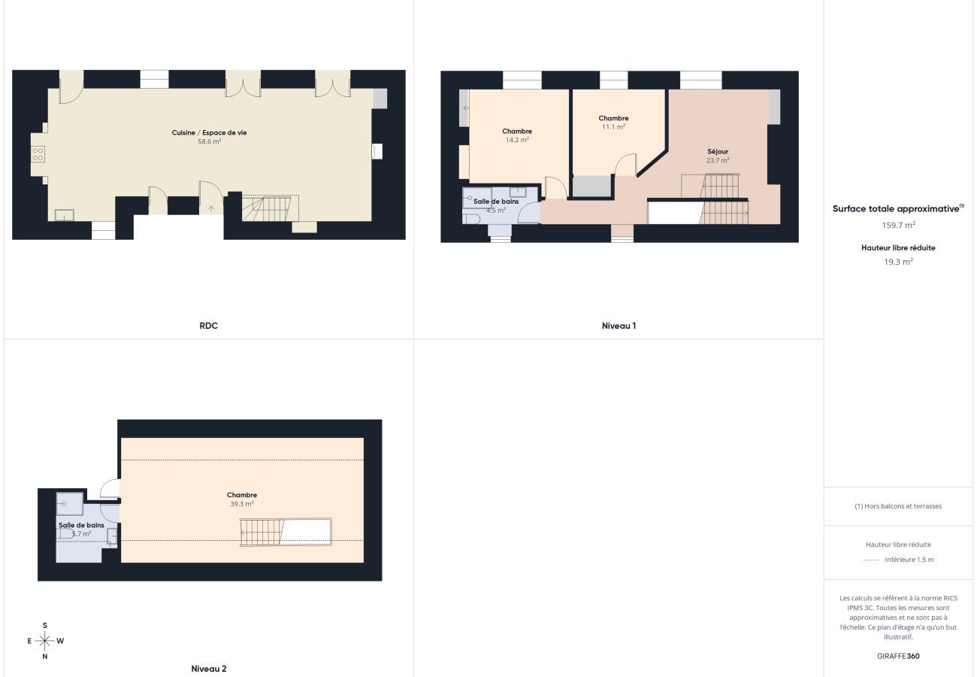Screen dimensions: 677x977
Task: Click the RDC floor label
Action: pyautogui.click(x=209, y=326)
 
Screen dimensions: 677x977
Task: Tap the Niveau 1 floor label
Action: pyautogui.click(x=619, y=326)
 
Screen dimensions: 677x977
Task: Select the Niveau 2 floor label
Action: pyautogui.click(x=209, y=668)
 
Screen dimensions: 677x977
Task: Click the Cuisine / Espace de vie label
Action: pyautogui.click(x=209, y=132)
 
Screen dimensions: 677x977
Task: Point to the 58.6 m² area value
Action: pyautogui.click(x=209, y=141)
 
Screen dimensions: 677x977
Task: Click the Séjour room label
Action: pyautogui.click(x=718, y=151)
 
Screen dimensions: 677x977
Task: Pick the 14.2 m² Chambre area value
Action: pyautogui.click(x=517, y=140)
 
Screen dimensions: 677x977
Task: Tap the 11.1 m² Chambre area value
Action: pyautogui.click(x=613, y=127)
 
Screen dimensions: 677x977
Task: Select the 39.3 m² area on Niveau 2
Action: pyautogui.click(x=242, y=504)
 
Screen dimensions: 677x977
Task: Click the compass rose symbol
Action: pyautogui.click(x=45, y=641)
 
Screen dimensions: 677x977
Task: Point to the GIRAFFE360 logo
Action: pyautogui.click(x=898, y=656)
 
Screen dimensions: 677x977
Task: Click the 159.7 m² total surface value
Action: pyautogui.click(x=898, y=225)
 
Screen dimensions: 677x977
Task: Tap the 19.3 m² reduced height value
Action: pyautogui.click(x=898, y=262)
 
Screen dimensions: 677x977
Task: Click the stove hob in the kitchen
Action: pyautogui.click(x=38, y=154)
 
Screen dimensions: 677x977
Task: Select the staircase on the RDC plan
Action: pyautogui.click(x=268, y=208)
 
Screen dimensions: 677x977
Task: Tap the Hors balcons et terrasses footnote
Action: pyautogui.click(x=898, y=506)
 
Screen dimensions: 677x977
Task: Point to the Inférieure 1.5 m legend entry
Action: pyautogui.click(x=909, y=560)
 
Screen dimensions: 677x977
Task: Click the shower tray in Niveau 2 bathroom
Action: pyautogui.click(x=69, y=503)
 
